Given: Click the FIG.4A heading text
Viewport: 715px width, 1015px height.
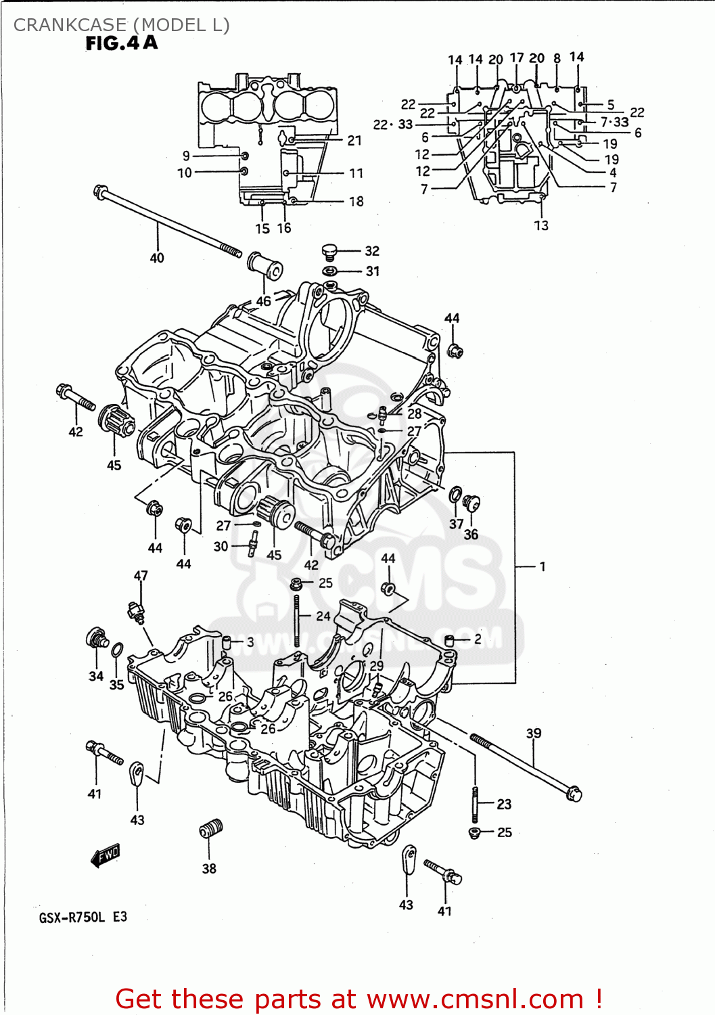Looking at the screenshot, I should tap(122, 43).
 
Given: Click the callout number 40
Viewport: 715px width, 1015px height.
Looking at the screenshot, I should tap(156, 258).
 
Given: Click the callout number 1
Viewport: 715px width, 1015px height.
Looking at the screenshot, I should tap(543, 566).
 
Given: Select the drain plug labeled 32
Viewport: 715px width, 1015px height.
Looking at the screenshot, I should tap(329, 252).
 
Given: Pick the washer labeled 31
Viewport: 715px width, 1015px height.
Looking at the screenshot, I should tap(329, 271).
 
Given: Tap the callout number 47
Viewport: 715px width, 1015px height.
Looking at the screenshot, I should tap(141, 575).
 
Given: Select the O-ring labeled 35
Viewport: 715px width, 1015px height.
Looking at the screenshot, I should tap(117, 650).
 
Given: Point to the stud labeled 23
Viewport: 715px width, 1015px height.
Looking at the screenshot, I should tap(476, 803).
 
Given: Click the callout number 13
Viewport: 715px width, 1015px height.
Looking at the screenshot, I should tap(541, 225).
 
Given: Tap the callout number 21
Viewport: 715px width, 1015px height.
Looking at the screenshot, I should tap(354, 141).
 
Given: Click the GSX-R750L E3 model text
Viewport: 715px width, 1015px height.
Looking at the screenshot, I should tap(83, 917).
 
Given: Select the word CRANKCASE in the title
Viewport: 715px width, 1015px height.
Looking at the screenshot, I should tap(70, 25).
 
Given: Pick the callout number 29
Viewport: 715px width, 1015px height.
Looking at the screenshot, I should tap(377, 665).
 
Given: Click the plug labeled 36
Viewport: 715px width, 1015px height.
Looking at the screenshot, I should tap(471, 503).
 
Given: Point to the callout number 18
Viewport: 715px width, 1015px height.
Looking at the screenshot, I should tap(356, 201).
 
